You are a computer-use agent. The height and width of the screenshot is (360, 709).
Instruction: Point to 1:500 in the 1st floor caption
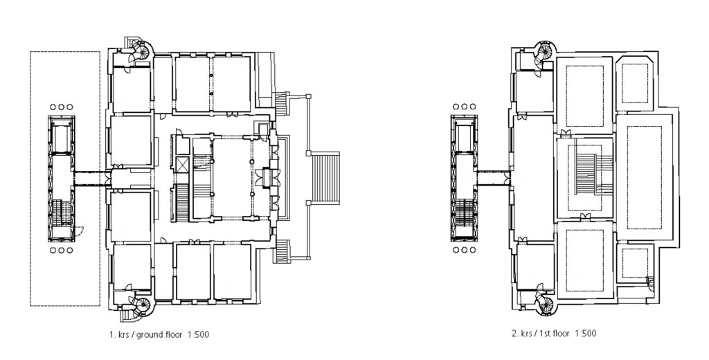coord(585,333)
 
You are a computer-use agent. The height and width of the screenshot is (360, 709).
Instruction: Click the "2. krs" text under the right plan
coord(521,333)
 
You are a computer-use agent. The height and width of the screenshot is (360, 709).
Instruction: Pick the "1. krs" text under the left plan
coord(119,334)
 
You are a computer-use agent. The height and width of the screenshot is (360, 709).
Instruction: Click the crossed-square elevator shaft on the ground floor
coord(183,164)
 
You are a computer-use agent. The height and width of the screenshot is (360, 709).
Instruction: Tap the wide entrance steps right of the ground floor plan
coord(325,179)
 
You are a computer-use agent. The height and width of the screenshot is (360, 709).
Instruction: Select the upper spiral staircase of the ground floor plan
coord(141,51)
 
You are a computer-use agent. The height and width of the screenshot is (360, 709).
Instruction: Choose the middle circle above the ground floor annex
coord(61,107)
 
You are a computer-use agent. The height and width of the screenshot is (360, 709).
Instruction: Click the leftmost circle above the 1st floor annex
coord(456,107)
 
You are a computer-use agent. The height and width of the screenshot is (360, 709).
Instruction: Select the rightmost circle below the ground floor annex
coord(69,251)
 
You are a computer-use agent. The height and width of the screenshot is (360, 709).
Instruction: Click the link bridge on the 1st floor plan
coord(494,178)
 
